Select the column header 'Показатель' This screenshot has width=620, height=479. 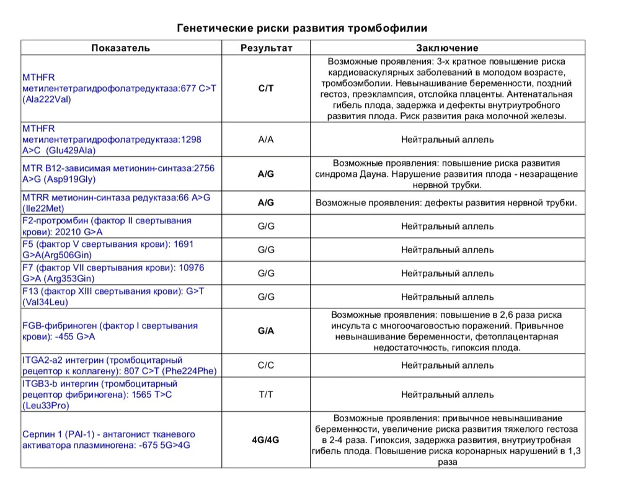point(121,48)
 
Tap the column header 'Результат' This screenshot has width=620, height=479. point(266,48)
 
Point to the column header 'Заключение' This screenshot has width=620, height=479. point(447,48)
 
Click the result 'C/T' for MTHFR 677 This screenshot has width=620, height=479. point(266,88)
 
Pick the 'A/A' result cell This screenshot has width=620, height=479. point(266,140)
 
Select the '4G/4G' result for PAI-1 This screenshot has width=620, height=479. point(266,440)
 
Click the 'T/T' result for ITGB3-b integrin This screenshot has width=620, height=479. point(266,394)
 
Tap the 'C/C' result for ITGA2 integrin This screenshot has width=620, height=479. point(266,365)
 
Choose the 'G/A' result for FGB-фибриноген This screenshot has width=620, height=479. point(266,331)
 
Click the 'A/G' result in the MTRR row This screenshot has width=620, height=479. point(266,202)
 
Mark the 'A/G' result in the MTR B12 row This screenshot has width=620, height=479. point(266,174)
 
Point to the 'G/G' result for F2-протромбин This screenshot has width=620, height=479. point(266,226)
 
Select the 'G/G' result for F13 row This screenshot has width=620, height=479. point(266,297)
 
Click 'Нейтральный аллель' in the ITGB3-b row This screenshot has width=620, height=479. point(447,394)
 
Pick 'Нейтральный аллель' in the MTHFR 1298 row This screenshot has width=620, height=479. point(447,140)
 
